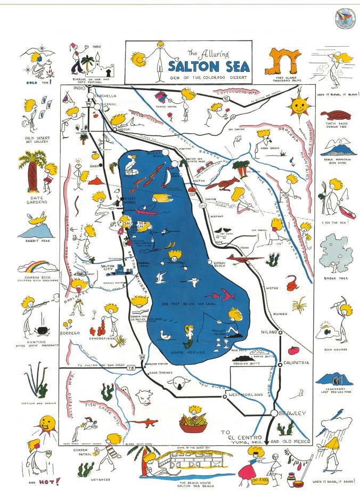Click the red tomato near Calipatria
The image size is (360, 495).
coord(292,351)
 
